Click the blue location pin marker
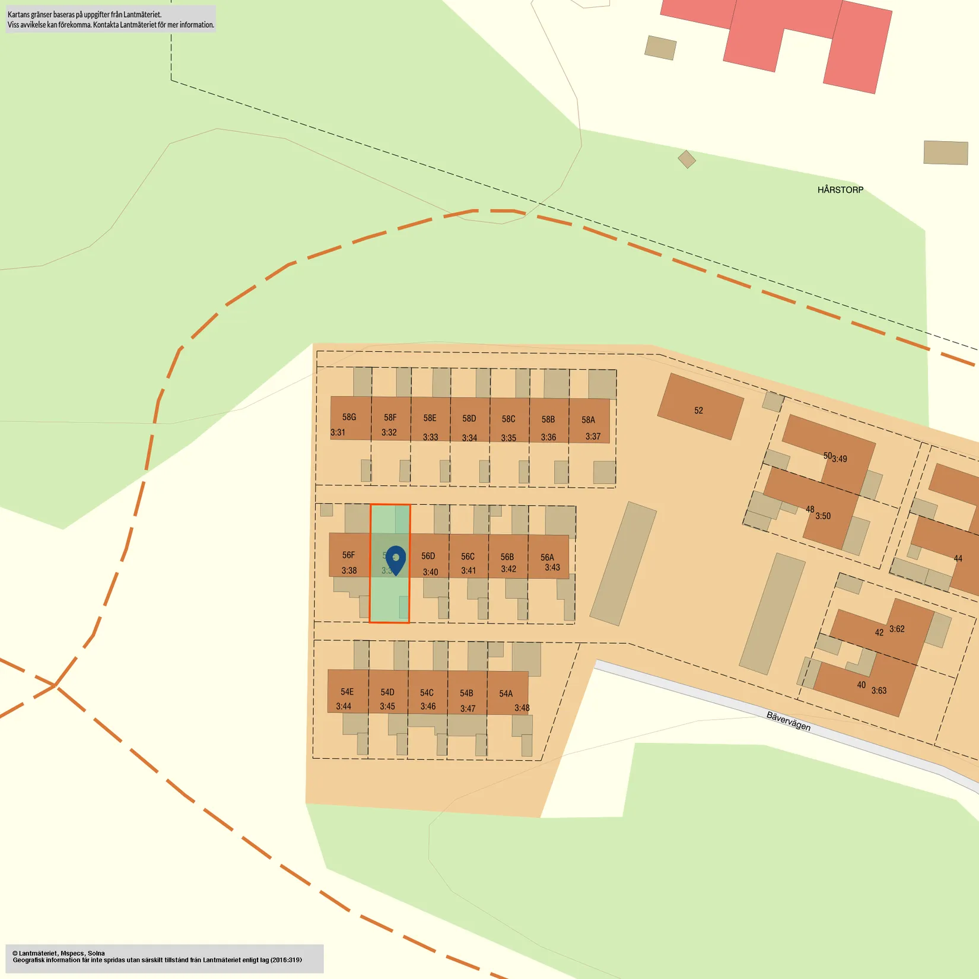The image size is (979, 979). click(396, 559)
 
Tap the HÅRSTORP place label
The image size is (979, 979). click(840, 190)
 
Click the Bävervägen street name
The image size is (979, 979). click(788, 721)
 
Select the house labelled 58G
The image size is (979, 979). click(349, 417)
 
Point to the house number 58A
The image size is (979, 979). click(588, 420)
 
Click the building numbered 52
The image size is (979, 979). click(698, 411)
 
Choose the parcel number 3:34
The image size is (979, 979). click(469, 438)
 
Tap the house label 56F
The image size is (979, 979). click(348, 555)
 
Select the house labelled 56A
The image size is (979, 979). click(547, 557)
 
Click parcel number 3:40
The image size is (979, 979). click(430, 572)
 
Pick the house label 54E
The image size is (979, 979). click(347, 692)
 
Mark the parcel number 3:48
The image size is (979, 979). click(522, 708)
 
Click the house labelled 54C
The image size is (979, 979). click(427, 692)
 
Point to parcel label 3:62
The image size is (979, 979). click(897, 629)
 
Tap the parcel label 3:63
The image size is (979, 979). click(879, 691)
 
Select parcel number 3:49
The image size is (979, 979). click(840, 459)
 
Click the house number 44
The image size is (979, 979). click(958, 558)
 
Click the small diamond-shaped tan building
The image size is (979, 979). click(686, 159)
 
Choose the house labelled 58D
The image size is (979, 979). click(469, 418)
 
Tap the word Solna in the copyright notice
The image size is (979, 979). click(96, 953)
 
